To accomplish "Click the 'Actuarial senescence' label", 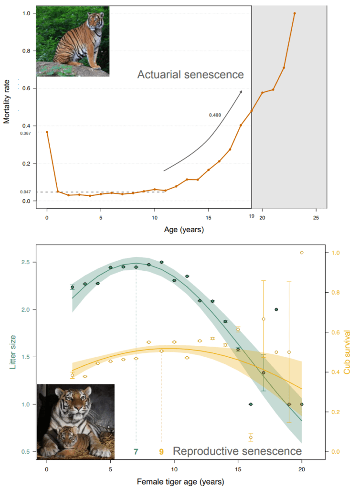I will pyautogui.click(x=191, y=75).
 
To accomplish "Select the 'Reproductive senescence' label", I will pyautogui.click(x=237, y=451).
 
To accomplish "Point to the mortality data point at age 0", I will pyautogui.click(x=47, y=132).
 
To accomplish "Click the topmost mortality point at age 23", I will pyautogui.click(x=295, y=13).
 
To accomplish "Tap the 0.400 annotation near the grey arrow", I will pyautogui.click(x=215, y=115).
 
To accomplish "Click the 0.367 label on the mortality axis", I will pyautogui.click(x=25, y=133).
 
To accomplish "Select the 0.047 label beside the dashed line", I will pyautogui.click(x=25, y=191).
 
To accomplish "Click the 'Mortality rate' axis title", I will pyautogui.click(x=7, y=103).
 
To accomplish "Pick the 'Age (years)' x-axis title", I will pyautogui.click(x=184, y=230).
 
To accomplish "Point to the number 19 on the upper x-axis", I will pyautogui.click(x=251, y=216).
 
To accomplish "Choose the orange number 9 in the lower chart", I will pyautogui.click(x=161, y=451).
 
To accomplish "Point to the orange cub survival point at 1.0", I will pyautogui.click(x=302, y=253).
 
